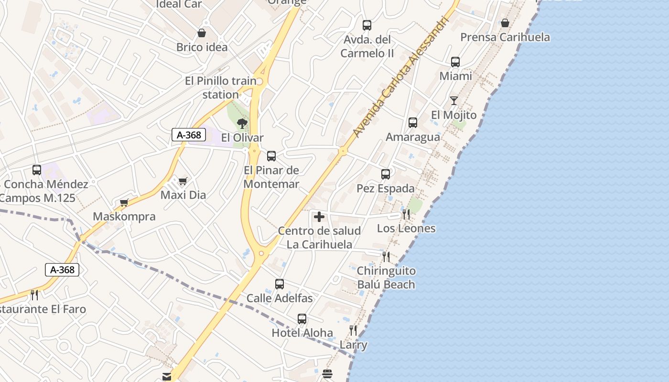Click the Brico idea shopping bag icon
[202, 33]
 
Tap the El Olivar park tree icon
[242, 124]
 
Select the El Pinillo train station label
[220, 88]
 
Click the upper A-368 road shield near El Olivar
[189, 135]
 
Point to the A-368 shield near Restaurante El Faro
[62, 270]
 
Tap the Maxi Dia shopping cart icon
[183, 181]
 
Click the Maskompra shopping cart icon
[124, 202]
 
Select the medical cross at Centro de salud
[319, 217]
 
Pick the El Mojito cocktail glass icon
[453, 101]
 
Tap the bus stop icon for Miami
[455, 62]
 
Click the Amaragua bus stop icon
[413, 123]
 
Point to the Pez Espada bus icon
[386, 174]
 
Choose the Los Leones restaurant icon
[406, 214]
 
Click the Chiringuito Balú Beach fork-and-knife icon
[386, 256]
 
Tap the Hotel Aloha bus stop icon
[302, 318]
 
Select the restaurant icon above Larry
[353, 330]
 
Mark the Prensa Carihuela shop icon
[505, 23]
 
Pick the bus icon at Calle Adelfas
[280, 284]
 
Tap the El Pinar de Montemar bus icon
[271, 156]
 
